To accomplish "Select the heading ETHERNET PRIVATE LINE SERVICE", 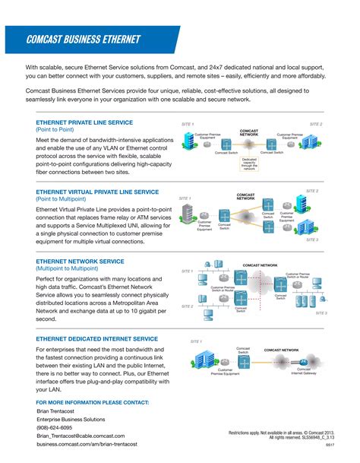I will click(x=84, y=122).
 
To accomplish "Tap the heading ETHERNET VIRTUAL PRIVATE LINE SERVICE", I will click(x=97, y=192).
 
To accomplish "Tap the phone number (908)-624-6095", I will click(x=59, y=427).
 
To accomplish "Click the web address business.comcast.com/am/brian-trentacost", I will click(x=90, y=446).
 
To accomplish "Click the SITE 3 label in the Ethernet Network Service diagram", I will click(x=321, y=312).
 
